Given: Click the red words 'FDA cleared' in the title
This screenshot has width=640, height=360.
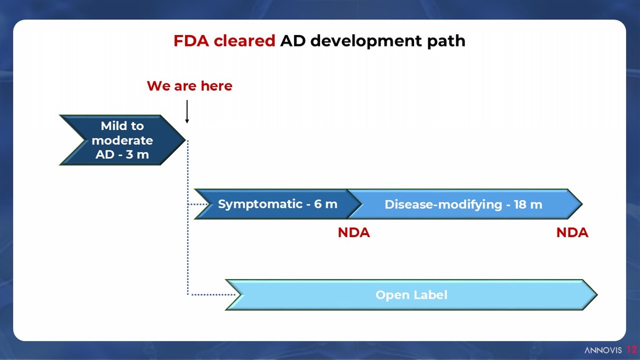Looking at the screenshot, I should [x=224, y=41].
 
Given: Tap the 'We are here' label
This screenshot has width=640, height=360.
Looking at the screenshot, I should [x=190, y=86].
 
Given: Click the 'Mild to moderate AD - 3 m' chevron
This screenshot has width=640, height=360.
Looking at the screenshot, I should [x=122, y=140].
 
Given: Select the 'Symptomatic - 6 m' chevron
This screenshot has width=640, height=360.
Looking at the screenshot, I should [x=276, y=204].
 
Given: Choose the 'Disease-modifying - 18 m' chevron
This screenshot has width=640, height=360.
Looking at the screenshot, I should [x=463, y=204].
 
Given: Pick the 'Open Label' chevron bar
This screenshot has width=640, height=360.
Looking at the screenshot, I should [x=411, y=295].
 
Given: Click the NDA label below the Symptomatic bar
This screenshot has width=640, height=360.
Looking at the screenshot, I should [x=353, y=233].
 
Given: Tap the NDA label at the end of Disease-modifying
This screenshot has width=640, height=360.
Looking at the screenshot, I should [x=572, y=233].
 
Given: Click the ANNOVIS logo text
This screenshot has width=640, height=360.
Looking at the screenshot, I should [x=603, y=350].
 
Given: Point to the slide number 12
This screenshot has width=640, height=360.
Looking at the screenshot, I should [x=632, y=350].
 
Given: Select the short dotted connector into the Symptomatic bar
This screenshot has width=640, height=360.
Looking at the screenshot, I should [x=198, y=204].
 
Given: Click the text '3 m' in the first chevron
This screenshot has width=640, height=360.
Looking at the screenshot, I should [x=138, y=154].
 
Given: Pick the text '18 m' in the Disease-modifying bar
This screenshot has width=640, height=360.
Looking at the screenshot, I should [x=528, y=204].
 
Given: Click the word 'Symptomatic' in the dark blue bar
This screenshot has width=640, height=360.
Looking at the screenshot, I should [x=260, y=204].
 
